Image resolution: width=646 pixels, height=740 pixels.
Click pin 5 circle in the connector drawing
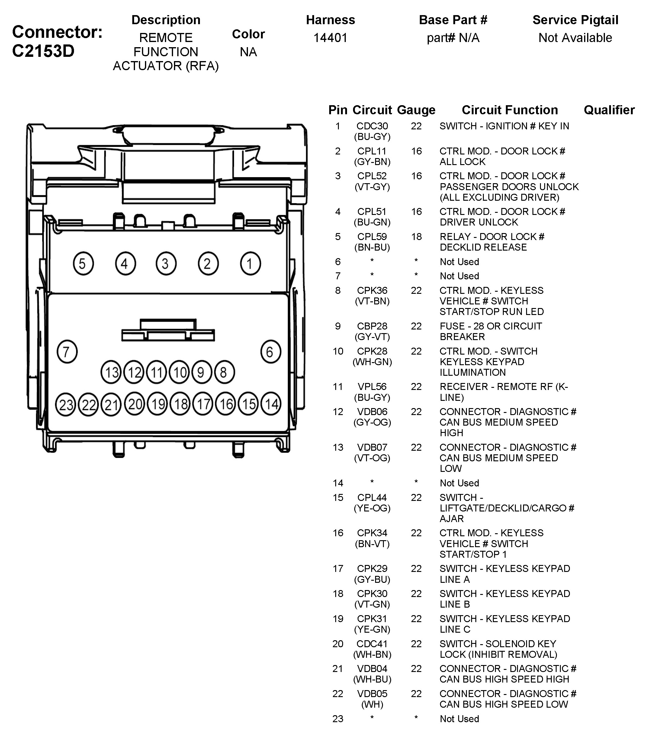tap(83, 263)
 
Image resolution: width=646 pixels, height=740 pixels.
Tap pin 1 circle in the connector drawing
tap(250, 263)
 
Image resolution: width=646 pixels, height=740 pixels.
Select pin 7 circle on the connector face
tap(67, 352)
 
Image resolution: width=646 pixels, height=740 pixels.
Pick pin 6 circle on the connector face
tap(270, 352)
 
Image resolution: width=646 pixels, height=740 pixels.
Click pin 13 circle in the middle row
tap(112, 372)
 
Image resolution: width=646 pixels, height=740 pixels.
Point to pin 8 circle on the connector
tap(224, 372)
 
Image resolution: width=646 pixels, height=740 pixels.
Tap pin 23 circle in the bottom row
tap(66, 404)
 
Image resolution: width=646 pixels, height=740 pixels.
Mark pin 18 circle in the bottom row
tap(180, 404)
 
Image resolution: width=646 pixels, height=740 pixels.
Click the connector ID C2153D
tap(43, 51)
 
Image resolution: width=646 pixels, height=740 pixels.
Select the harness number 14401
tap(330, 37)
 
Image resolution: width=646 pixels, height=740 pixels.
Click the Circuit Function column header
tap(509, 110)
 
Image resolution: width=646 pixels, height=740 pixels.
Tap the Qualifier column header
tap(609, 110)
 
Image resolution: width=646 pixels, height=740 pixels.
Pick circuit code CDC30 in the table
tap(372, 126)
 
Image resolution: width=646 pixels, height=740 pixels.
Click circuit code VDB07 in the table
tap(372, 447)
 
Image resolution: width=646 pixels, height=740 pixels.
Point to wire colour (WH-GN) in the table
tap(372, 362)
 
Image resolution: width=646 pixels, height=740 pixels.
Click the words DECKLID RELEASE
tap(483, 247)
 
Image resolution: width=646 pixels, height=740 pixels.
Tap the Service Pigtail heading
tap(575, 20)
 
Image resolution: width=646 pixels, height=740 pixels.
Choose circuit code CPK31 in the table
tap(372, 618)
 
